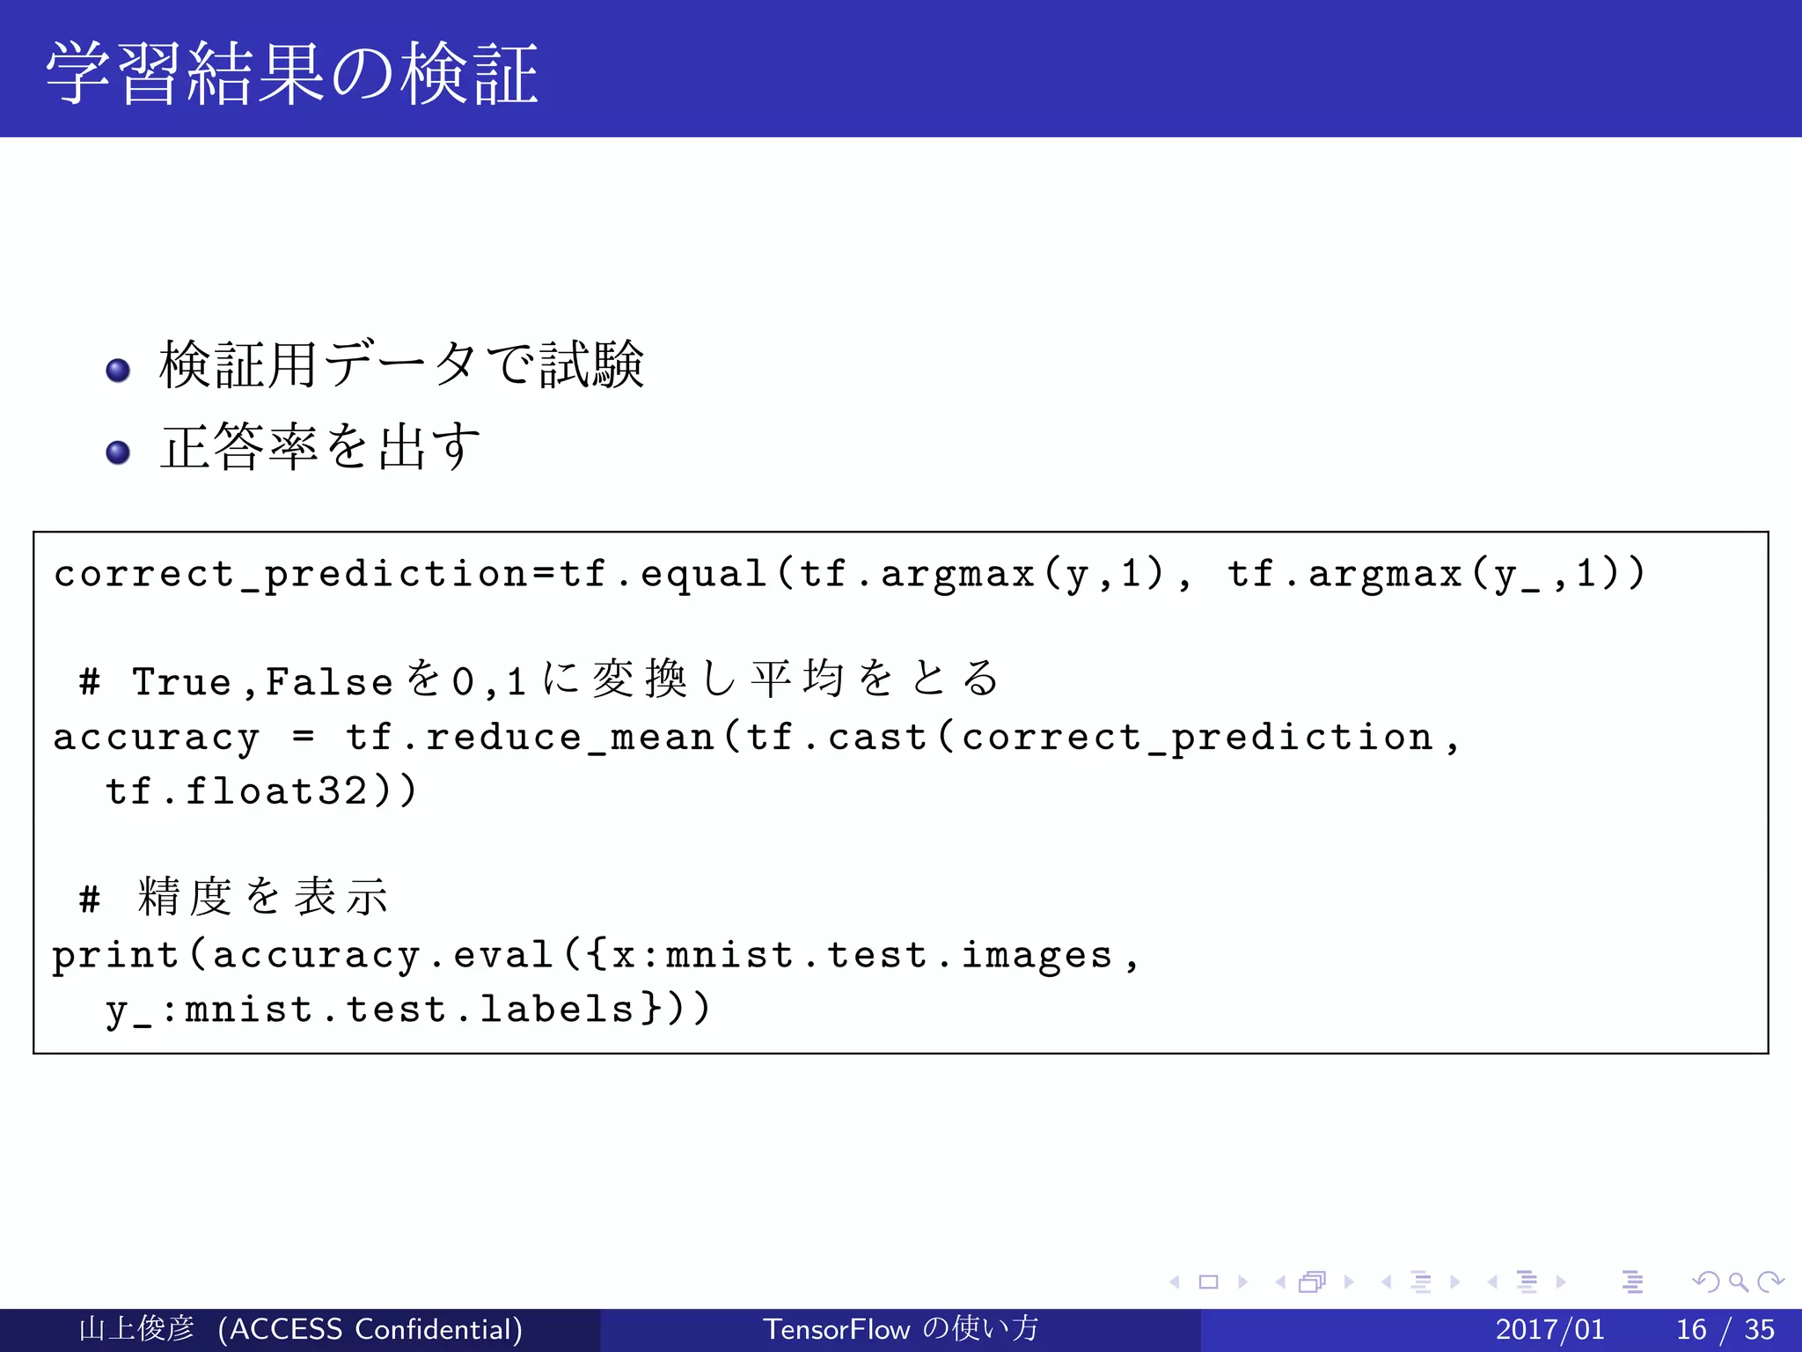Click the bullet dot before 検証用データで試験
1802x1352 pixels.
coord(118,370)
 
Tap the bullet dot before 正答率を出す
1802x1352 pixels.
coord(118,452)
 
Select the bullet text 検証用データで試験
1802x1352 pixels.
coord(401,364)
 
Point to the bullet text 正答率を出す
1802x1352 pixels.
coord(320,446)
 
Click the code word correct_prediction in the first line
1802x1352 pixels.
coord(290,574)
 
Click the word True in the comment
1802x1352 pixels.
coord(181,682)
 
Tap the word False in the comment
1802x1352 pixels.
coord(329,682)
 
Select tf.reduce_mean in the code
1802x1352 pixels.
coord(530,738)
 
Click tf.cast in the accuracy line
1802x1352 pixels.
coord(837,738)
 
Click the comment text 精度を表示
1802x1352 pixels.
coord(262,897)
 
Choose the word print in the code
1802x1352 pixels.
coord(115,956)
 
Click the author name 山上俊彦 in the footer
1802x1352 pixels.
coord(136,1329)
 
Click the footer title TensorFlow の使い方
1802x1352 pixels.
coord(900,1329)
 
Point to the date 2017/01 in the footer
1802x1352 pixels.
coord(1549,1329)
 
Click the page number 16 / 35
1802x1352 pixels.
coord(1725,1329)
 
